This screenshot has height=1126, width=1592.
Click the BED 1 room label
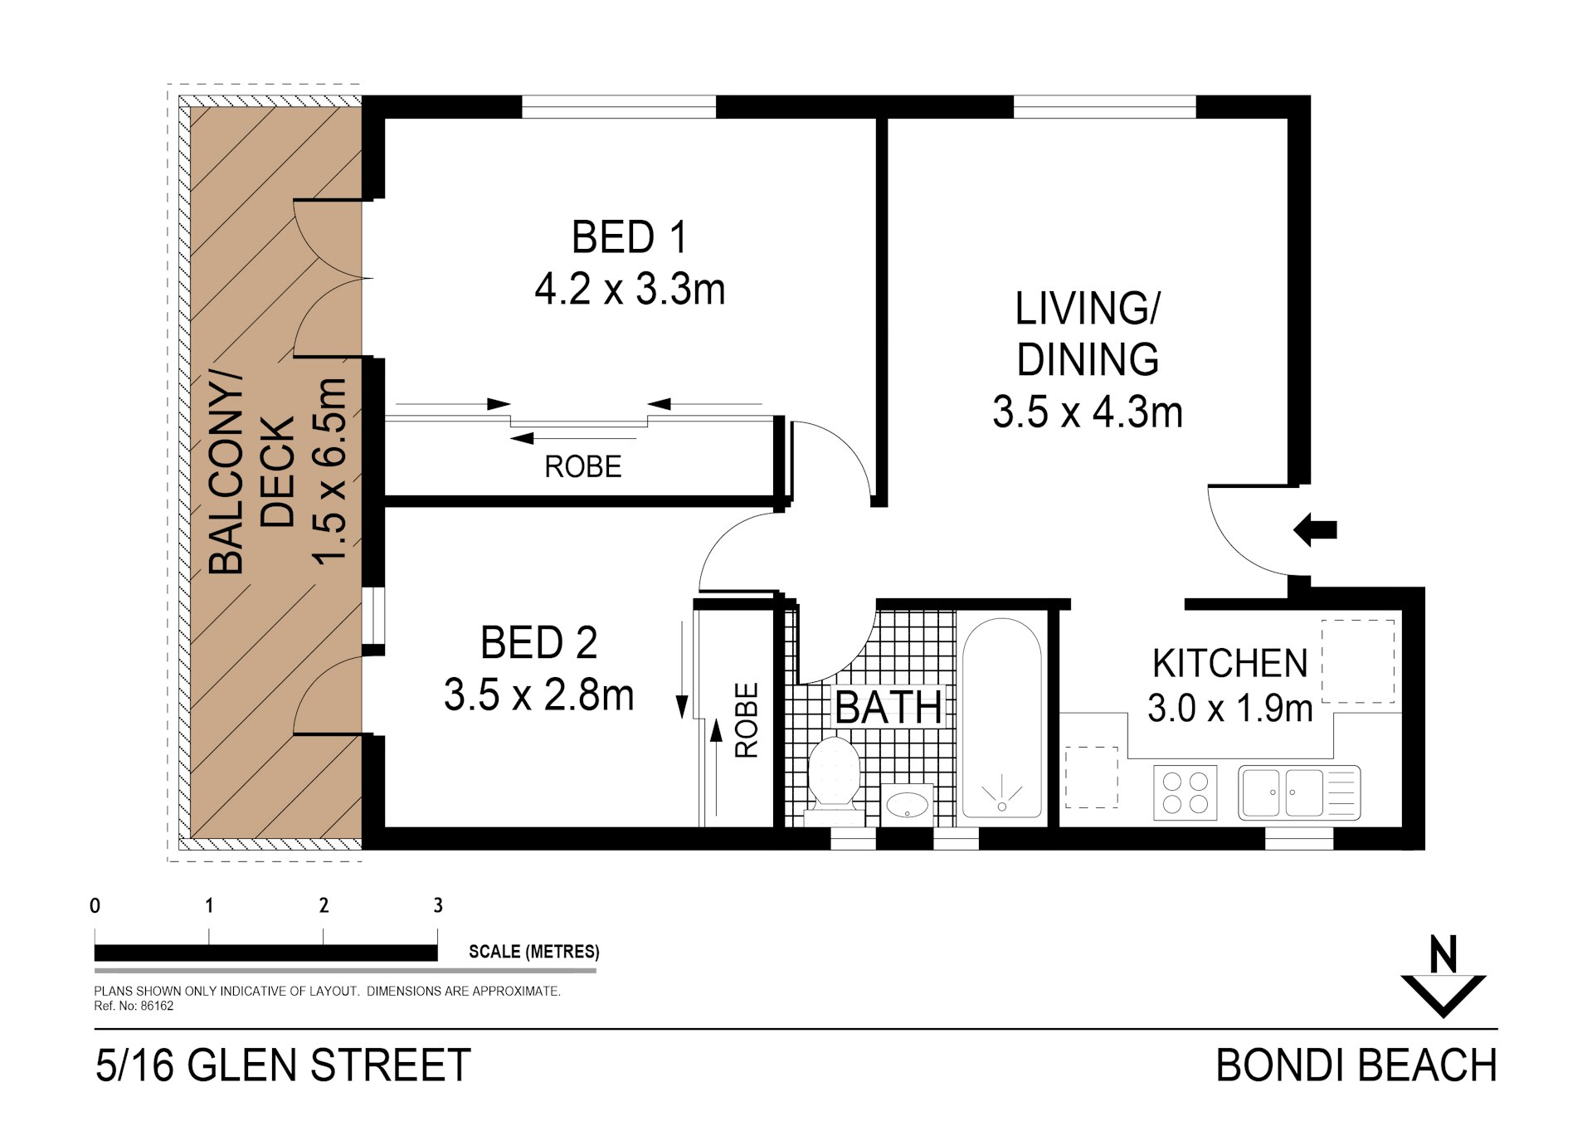630,237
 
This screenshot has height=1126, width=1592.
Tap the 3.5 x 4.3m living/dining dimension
1087,412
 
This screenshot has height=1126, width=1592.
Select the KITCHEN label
1229,664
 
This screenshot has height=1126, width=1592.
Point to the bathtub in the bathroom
1001,719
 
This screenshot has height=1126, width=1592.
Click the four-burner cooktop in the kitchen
1185,792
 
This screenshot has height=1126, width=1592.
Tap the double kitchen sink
1298,792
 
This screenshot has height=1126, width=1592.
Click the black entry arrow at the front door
1316,529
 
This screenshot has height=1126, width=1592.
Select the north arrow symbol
1444,979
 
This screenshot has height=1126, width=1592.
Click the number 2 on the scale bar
324,905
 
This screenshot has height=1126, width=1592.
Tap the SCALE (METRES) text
533,952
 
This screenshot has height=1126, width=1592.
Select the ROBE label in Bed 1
582,467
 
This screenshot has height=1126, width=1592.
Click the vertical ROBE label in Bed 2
747,720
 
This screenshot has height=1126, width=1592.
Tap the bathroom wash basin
908,803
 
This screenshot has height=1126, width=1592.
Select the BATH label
888,708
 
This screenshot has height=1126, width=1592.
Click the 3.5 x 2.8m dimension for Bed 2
538,695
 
